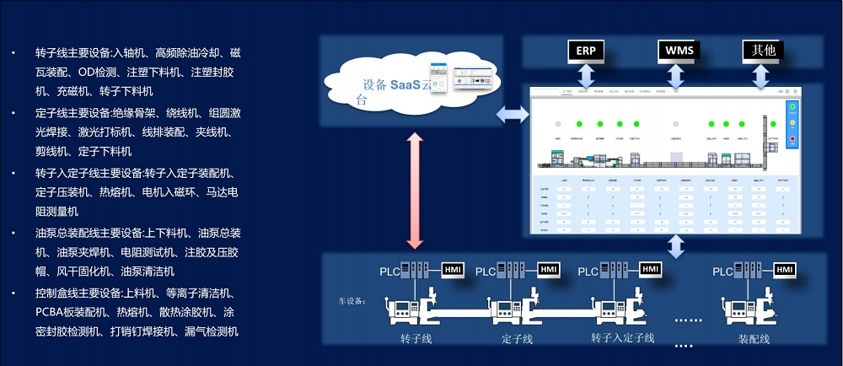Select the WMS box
click(x=679, y=51)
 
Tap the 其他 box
click(x=762, y=51)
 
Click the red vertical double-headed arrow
click(x=414, y=191)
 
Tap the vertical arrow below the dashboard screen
click(x=674, y=245)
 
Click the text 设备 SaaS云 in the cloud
click(x=395, y=84)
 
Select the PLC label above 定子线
click(x=486, y=272)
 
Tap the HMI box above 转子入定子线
click(x=650, y=269)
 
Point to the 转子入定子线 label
click(x=622, y=338)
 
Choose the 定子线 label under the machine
click(x=517, y=339)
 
